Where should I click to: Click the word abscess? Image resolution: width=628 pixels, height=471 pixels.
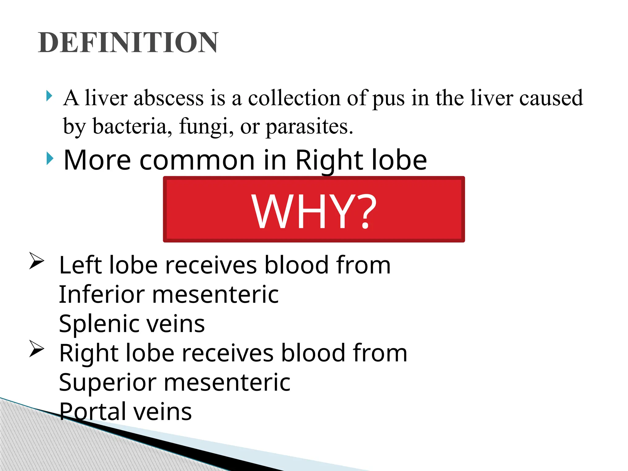tap(169, 98)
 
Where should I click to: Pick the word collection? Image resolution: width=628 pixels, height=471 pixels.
tap(294, 98)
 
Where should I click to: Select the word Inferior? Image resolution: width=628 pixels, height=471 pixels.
tap(101, 294)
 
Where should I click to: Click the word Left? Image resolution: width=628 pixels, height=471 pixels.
tap(80, 265)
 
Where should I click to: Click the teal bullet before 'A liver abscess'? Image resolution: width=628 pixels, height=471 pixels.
tap(49, 96)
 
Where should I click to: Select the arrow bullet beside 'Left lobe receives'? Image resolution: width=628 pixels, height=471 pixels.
tap(37, 261)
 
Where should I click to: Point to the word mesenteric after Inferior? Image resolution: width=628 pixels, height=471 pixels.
tap(215, 294)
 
